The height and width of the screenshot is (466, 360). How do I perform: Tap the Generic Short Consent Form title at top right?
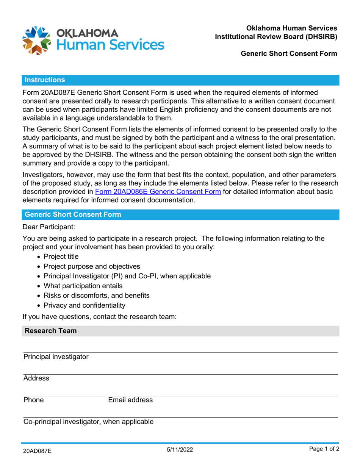point(289,54)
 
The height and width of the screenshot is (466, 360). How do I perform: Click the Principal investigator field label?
point(56,357)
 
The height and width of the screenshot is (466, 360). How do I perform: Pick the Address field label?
point(36,378)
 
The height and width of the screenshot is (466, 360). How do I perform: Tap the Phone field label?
point(33,400)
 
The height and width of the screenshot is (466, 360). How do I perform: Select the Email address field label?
point(130,400)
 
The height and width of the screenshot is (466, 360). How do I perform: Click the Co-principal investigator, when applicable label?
point(89,422)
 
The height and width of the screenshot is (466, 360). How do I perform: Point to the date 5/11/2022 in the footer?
point(180,450)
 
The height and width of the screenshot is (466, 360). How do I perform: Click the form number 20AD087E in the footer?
point(37,451)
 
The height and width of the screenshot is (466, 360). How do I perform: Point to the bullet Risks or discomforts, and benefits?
point(97,295)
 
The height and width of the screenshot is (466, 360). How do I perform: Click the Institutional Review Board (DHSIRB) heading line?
point(276,36)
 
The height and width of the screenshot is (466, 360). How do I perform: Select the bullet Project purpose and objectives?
point(92,266)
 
